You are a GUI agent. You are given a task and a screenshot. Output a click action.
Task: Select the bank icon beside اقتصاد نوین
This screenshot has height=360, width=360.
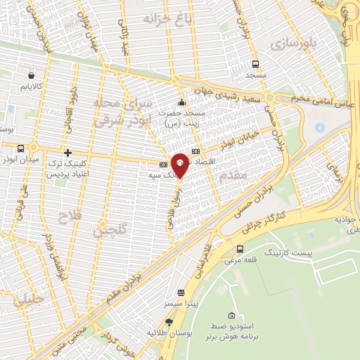pos(195,151)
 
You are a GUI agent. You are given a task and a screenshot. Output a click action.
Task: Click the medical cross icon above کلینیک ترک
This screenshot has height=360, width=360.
pos(67,153)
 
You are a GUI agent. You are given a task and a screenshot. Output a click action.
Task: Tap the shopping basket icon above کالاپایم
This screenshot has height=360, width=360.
pos(32,75)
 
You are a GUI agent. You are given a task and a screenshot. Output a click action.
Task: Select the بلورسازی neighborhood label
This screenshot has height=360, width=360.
pos(296,44)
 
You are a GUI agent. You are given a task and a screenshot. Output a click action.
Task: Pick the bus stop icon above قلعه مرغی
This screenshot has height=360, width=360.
pos(241,249)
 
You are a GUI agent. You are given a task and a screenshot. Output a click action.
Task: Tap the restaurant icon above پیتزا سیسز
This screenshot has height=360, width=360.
pos(181,292)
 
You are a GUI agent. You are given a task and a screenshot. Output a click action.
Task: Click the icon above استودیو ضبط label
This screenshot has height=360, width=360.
pos(232,315)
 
